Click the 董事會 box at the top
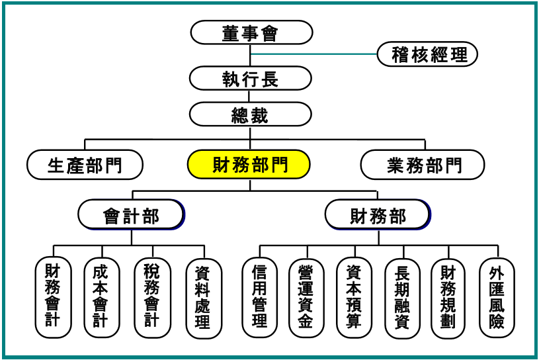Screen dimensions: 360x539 pos(251,32)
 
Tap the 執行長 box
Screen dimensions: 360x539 pos(251,78)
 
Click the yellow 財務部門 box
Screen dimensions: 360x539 pos(250,164)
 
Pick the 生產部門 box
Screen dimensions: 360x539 pos(85,165)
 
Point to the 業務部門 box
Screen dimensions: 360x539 pos(423,165)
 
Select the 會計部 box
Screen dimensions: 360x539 pos(131,215)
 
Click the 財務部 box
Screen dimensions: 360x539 pos(378,215)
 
